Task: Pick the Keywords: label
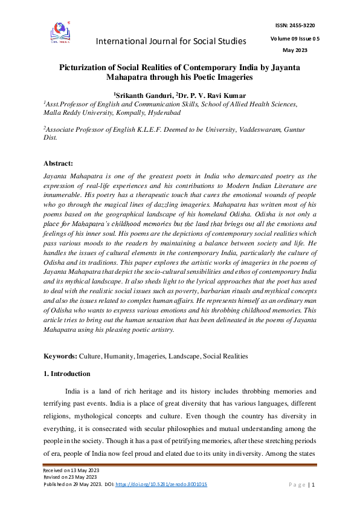[61, 357]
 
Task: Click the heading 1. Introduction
[67, 374]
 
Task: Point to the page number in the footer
[312, 484]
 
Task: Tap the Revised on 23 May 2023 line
[68, 477]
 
